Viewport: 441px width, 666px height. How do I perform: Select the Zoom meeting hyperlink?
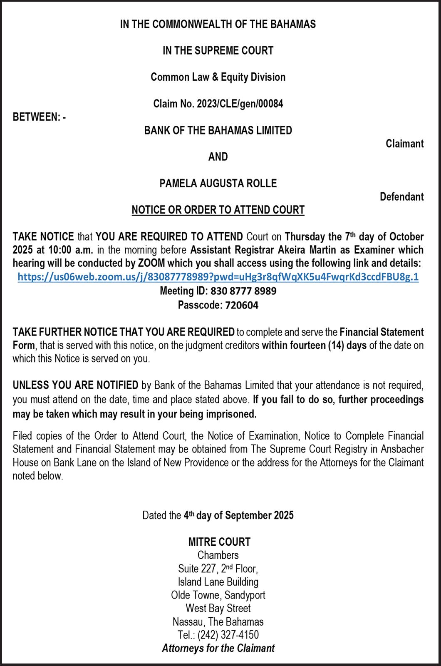pos(218,277)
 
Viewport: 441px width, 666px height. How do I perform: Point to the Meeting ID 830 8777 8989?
pos(243,291)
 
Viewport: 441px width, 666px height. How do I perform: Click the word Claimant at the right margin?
pos(404,144)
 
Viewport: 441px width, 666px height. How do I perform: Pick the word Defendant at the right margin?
pos(401,196)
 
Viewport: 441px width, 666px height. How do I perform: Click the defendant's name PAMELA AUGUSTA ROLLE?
pos(218,183)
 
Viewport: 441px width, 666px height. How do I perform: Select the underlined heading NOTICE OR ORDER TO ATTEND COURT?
pos(218,210)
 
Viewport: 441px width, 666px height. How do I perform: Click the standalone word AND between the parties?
pos(218,157)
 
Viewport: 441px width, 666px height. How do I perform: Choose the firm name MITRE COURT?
pos(219,542)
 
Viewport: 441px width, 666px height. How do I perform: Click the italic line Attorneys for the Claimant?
pos(218,648)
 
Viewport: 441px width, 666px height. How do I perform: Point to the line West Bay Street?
pos(218,608)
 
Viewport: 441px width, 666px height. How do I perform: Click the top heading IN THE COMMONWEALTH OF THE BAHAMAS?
pos(218,24)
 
